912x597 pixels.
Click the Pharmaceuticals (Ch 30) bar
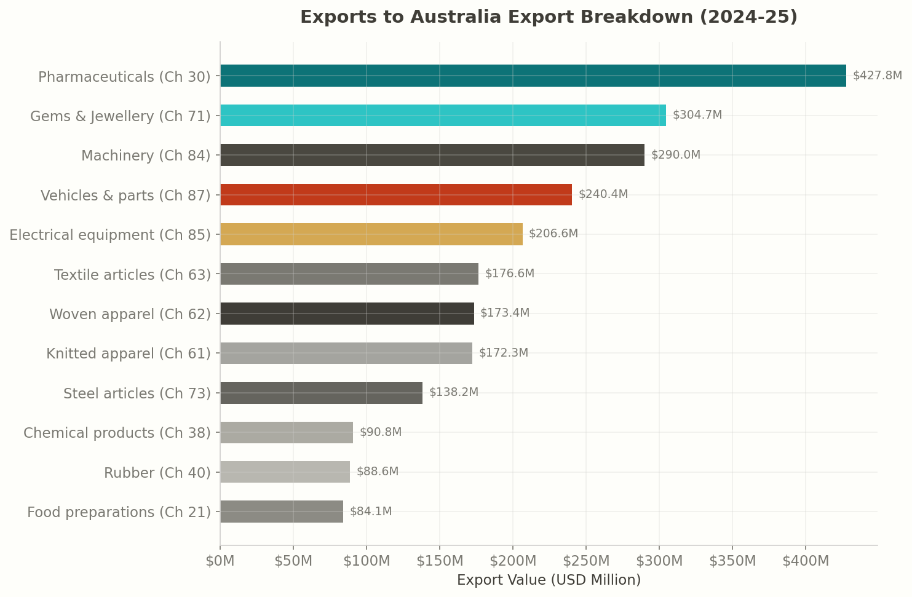(x=533, y=76)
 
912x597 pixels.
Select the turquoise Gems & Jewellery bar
(x=443, y=116)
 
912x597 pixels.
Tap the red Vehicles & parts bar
(x=395, y=194)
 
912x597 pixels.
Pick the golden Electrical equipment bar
(x=371, y=234)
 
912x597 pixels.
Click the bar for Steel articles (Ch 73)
(x=321, y=393)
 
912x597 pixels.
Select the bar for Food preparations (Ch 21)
(x=281, y=512)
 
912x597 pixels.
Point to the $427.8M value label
(x=877, y=76)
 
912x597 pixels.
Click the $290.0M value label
(x=675, y=155)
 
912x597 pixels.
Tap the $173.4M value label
(x=504, y=313)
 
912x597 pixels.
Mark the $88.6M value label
(x=378, y=472)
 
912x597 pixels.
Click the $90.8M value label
(x=380, y=432)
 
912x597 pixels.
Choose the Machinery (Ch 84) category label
(x=146, y=156)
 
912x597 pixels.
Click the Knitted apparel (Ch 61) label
(x=129, y=354)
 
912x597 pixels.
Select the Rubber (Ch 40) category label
(x=157, y=473)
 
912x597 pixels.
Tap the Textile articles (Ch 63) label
(x=132, y=275)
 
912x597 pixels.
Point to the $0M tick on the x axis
(x=220, y=561)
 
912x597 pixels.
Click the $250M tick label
(x=585, y=561)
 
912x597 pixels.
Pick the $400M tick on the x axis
(x=805, y=561)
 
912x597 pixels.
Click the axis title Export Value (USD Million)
(x=549, y=580)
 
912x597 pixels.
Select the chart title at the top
(x=549, y=17)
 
